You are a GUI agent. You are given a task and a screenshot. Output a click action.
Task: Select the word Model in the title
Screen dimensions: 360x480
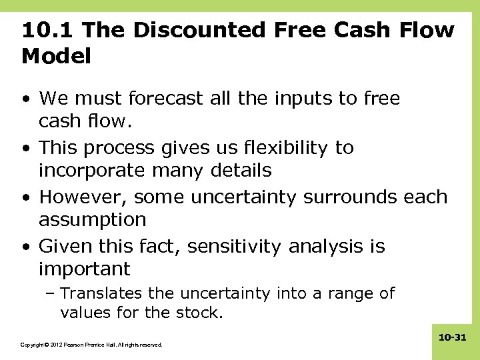(x=56, y=57)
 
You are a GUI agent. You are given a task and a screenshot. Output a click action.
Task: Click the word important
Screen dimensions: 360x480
(x=85, y=269)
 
